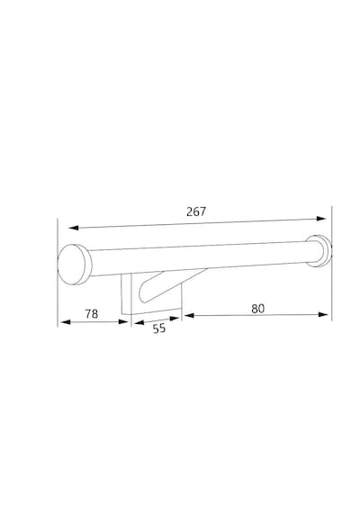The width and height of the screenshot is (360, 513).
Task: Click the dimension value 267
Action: pyautogui.click(x=196, y=211)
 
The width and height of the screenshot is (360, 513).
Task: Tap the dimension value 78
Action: pyautogui.click(x=92, y=314)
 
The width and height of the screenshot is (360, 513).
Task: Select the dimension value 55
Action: pyautogui.click(x=159, y=328)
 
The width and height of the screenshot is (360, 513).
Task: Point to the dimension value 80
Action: pyautogui.click(x=258, y=309)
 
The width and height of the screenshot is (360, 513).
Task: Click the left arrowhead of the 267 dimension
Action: pyautogui.click(x=73, y=228)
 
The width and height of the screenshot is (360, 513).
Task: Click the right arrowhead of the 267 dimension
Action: pyautogui.click(x=321, y=219)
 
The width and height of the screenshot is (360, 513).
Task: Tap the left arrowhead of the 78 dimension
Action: pyautogui.click(x=66, y=322)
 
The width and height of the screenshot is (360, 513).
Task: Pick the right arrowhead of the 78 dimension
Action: pyautogui.click(x=123, y=321)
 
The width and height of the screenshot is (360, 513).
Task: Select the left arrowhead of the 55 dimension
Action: pyautogui.click(x=139, y=322)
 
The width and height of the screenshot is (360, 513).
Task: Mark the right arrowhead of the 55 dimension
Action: pyautogui.click(x=175, y=318)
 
